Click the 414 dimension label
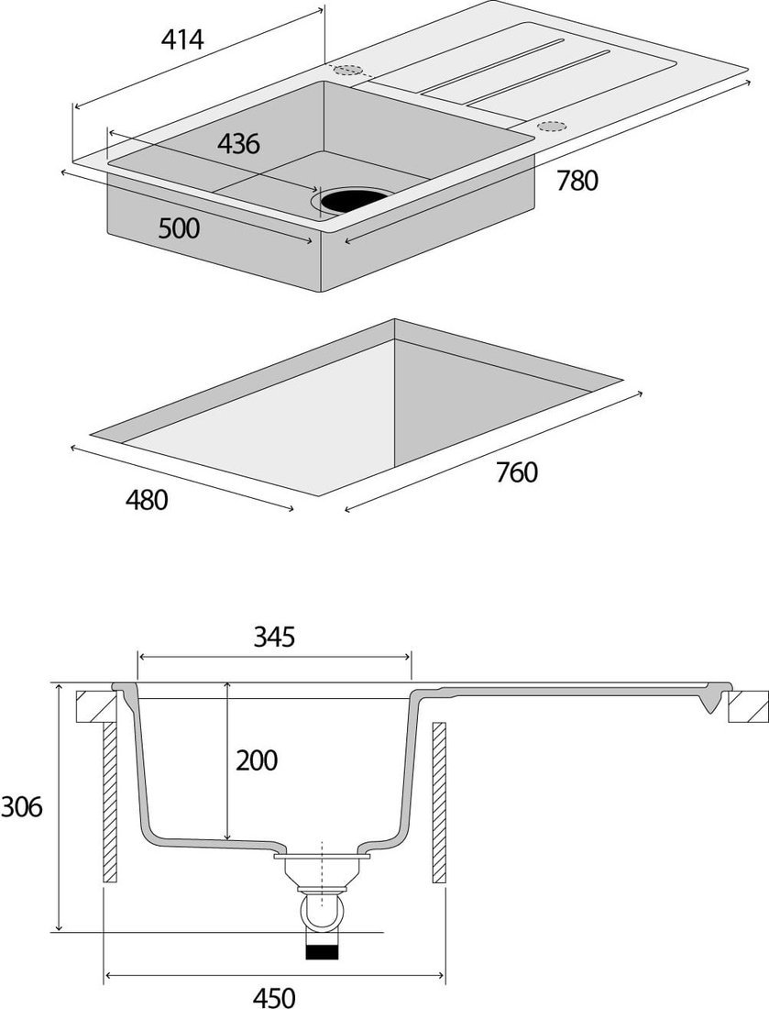[x=182, y=40]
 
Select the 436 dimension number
[x=238, y=144]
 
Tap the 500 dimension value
[x=179, y=228]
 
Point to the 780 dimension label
[x=577, y=181]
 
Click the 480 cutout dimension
[x=147, y=501]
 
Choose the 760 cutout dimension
[x=516, y=473]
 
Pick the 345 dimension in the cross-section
[x=274, y=637]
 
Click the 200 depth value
[x=256, y=760]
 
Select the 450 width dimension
[x=274, y=996]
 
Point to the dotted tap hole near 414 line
[x=347, y=71]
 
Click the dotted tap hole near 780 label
[x=552, y=126]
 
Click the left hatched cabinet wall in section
[x=110, y=801]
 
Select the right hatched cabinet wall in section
[x=438, y=801]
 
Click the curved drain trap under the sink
[x=321, y=914]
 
